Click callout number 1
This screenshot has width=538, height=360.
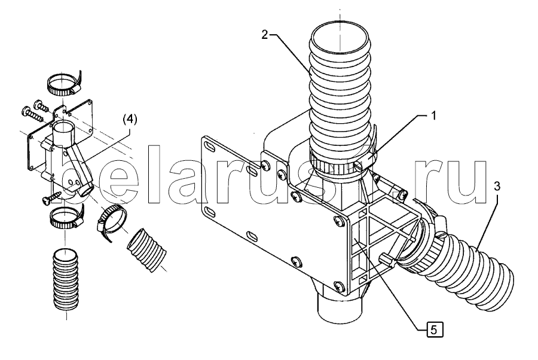(x=433, y=115)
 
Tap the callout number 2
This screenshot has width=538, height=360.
(x=265, y=35)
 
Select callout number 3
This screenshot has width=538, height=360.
(x=497, y=187)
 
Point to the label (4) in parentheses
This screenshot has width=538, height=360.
(x=129, y=120)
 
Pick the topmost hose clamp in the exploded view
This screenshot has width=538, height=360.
(x=65, y=85)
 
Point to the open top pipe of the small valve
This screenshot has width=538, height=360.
(x=63, y=133)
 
